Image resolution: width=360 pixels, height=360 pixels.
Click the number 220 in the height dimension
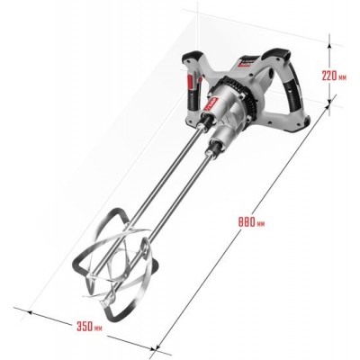tap(329, 76)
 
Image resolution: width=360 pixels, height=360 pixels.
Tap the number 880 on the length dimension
tap(247, 222)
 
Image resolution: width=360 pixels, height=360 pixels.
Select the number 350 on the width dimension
tap(85, 327)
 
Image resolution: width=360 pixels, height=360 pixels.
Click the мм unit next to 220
tap(343, 77)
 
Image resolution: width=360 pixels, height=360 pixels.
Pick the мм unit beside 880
tap(261, 224)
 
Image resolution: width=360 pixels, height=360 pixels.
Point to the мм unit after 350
tap(98, 328)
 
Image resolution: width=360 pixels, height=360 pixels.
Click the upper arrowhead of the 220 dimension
tap(329, 45)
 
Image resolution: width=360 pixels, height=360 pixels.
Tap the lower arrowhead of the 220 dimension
tap(329, 103)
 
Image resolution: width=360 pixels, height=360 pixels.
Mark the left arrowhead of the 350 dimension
tap(30, 312)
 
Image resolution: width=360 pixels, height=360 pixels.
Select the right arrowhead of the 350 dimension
tap(154, 348)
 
